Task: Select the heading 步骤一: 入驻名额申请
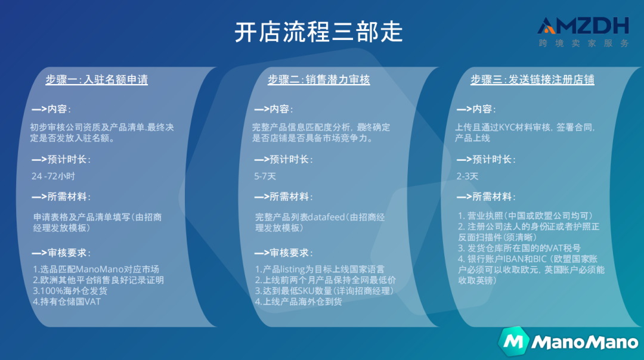(x=97, y=80)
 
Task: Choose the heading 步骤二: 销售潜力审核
(x=318, y=80)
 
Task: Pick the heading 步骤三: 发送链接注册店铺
(x=532, y=80)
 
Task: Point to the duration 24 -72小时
(x=53, y=176)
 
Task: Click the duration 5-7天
(x=265, y=176)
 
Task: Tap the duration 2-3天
(x=467, y=176)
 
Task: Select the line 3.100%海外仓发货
(x=71, y=291)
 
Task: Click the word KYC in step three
(x=506, y=127)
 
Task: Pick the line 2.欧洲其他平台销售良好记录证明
(x=98, y=280)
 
